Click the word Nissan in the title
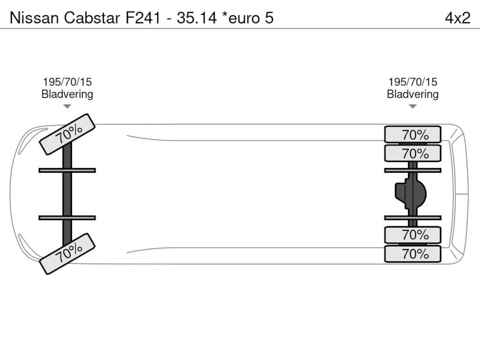34,18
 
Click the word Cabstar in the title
92,18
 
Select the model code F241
143,18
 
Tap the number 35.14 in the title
196,18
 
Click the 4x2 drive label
457,18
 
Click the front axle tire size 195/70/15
67,82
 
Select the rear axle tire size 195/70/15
412,82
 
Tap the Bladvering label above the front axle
67,94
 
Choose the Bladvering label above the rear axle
412,94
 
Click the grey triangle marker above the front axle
67,106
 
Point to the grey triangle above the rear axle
412,106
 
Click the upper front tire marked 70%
67,134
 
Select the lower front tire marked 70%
67,254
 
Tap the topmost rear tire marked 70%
412,134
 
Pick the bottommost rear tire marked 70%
412,254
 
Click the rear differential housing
411,194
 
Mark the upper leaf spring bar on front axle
67,170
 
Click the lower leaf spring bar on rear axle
412,218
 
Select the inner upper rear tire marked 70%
412,153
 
